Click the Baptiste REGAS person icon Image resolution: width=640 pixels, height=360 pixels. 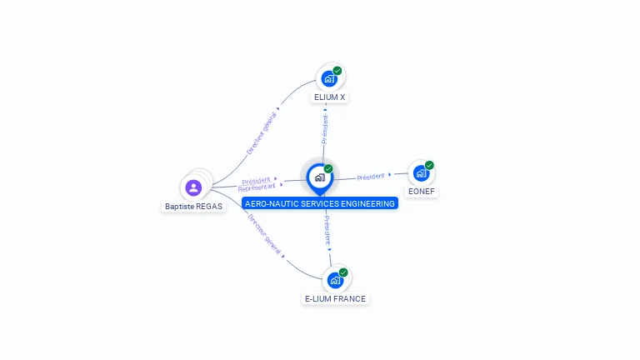194,187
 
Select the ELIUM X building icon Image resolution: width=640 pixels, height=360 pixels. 329,78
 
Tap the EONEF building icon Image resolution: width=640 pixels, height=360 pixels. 421,173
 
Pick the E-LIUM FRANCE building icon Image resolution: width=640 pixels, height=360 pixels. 335,280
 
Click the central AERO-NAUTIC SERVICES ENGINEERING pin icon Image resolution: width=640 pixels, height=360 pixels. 319,177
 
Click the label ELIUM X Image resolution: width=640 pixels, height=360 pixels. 329,97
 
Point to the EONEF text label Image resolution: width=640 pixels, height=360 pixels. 421,192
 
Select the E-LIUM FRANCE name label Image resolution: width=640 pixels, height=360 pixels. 335,298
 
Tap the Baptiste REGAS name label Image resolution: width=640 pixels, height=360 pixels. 194,206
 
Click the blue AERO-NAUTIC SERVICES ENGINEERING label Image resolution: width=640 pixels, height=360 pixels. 320,203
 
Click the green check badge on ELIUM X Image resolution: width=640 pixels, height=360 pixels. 337,71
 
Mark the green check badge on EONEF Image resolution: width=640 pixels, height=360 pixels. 429,165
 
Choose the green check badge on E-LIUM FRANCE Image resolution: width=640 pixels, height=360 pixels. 343,272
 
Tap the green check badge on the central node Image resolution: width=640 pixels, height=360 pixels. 328,169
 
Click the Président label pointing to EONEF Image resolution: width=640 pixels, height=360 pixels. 371,177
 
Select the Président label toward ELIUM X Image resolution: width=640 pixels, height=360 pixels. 325,129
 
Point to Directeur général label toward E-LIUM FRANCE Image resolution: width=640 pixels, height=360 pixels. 264,233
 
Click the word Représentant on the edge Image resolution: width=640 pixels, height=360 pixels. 256,187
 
